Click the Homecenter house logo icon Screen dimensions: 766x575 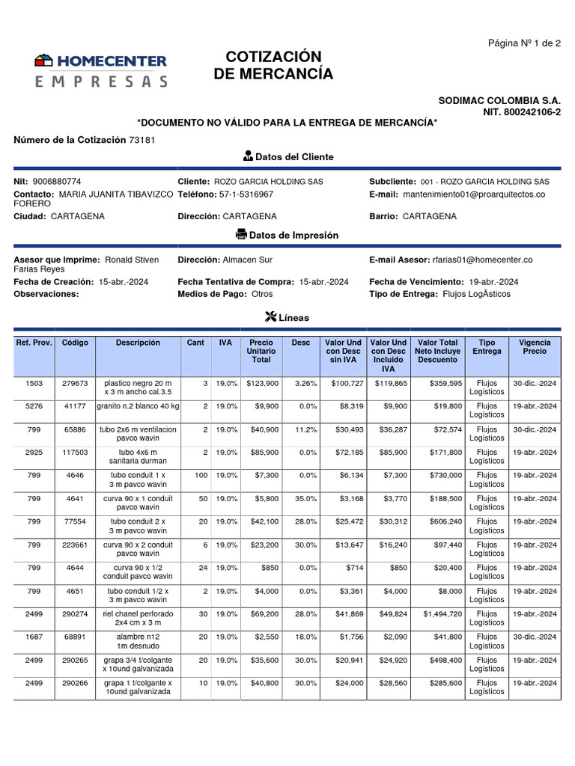click(x=44, y=61)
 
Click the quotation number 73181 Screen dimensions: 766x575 click(x=142, y=140)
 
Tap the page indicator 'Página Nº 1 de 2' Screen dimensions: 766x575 click(x=524, y=43)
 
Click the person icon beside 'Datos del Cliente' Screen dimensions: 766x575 click(x=248, y=156)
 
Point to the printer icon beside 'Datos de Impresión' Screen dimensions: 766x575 click(x=241, y=235)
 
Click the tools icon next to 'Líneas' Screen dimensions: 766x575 click(x=271, y=317)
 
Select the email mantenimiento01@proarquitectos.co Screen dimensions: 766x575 click(x=474, y=194)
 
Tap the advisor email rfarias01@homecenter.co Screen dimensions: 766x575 click(x=482, y=260)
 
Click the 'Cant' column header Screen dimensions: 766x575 click(x=195, y=343)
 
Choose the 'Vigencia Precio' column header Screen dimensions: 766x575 click(x=535, y=346)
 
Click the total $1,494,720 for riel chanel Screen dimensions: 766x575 click(x=438, y=614)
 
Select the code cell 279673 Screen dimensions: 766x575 click(x=75, y=383)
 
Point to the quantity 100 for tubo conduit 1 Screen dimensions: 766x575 click(x=201, y=475)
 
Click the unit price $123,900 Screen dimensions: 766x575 click(x=262, y=383)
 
